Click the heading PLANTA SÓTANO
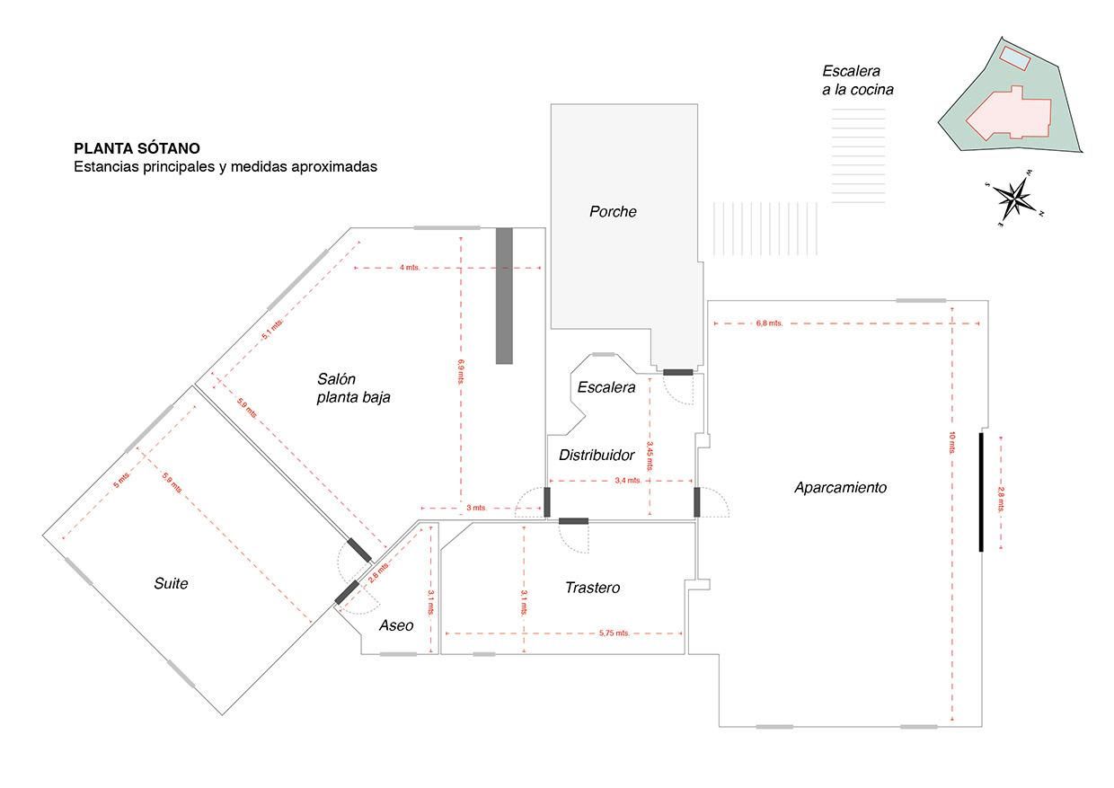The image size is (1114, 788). (x=137, y=148)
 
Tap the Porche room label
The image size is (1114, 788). (x=613, y=212)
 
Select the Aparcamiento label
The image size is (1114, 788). (x=840, y=488)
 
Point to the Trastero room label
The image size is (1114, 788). (x=592, y=588)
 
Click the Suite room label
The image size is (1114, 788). (x=171, y=584)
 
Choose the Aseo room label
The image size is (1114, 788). (x=396, y=625)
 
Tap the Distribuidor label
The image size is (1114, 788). (x=597, y=456)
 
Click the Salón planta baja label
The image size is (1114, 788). (x=353, y=388)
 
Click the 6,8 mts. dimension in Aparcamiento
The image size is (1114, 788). (x=770, y=323)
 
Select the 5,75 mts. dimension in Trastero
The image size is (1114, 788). (x=614, y=633)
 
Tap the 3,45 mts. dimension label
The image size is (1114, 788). (x=649, y=454)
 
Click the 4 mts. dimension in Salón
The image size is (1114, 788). (x=410, y=268)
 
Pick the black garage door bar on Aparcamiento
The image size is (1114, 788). (x=981, y=491)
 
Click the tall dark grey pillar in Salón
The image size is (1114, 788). (x=504, y=296)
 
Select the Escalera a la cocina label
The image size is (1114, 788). (x=857, y=80)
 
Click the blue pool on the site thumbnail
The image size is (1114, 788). (x=1015, y=58)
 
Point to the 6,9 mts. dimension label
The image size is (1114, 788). (x=461, y=371)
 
